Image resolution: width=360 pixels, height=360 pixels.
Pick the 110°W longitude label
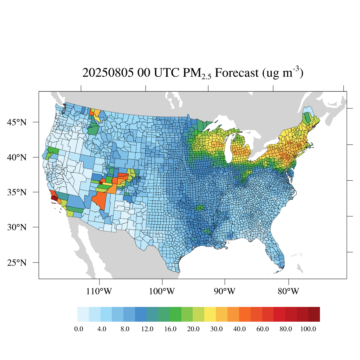[99, 291]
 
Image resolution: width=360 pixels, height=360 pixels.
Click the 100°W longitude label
[162, 291]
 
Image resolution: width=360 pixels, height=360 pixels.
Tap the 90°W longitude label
[224, 291]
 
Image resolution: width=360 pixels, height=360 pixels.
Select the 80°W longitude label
[289, 291]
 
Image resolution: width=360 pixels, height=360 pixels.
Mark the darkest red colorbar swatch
[314, 314]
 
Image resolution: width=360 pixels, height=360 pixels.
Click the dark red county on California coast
[54, 198]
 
